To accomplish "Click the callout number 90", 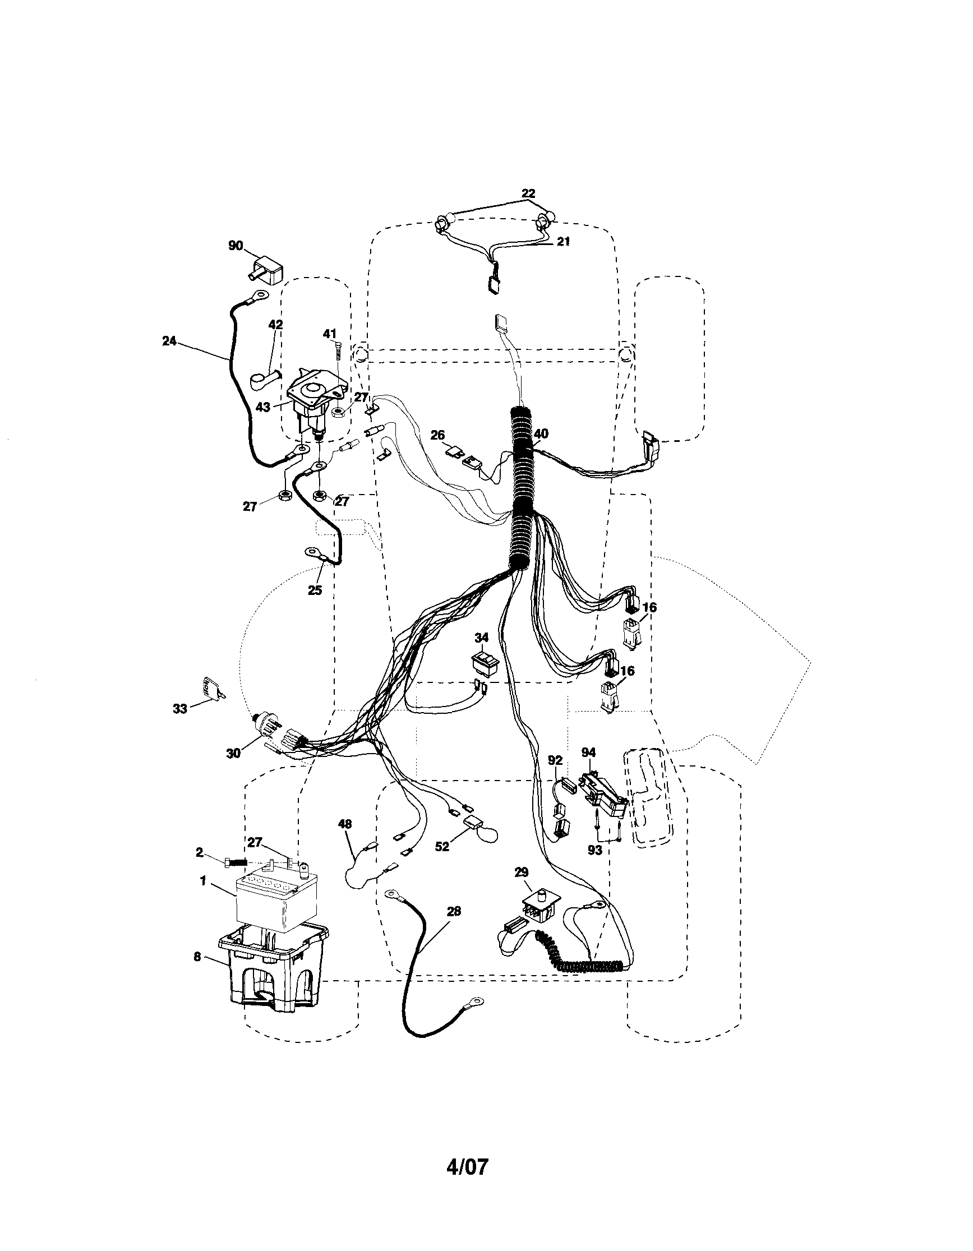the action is pyautogui.click(x=236, y=246).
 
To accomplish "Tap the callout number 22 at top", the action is pyautogui.click(x=528, y=193).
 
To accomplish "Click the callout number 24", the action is pyautogui.click(x=169, y=341).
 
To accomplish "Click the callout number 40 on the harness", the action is pyautogui.click(x=541, y=433).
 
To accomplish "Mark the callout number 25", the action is pyautogui.click(x=315, y=590).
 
